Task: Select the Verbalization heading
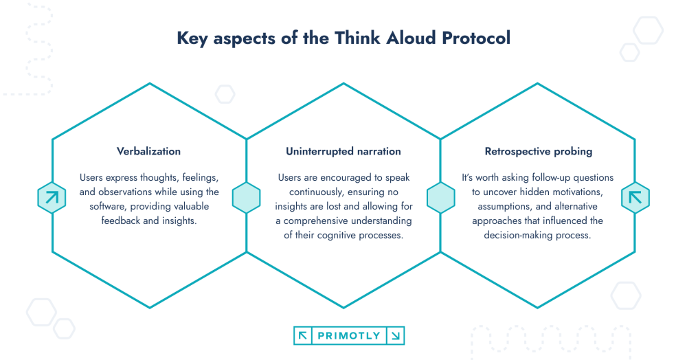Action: [149, 151]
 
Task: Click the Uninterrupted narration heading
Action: [343, 151]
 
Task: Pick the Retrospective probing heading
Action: [538, 151]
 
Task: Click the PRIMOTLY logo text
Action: [349, 336]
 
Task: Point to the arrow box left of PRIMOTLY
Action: [302, 336]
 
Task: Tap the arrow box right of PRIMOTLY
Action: [396, 336]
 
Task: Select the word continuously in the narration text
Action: [311, 192]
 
